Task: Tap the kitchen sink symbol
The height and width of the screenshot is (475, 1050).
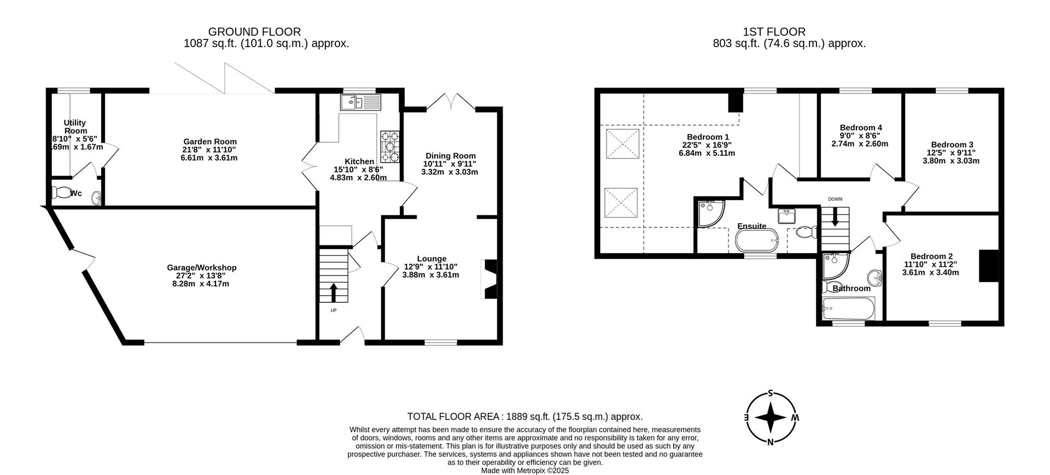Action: pyautogui.click(x=359, y=102)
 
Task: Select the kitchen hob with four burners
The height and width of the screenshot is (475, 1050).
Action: pyautogui.click(x=390, y=146)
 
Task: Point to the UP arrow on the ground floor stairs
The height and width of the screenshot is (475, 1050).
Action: pyautogui.click(x=334, y=292)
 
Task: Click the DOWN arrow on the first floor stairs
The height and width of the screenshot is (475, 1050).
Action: pyautogui.click(x=835, y=218)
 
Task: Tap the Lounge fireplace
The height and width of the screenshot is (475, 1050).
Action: pyautogui.click(x=489, y=279)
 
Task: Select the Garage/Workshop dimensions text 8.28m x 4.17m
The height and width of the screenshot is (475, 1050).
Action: pyautogui.click(x=202, y=284)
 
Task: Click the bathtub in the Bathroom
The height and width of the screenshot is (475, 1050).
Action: pyautogui.click(x=849, y=310)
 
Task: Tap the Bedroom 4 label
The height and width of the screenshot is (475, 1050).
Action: pyautogui.click(x=861, y=127)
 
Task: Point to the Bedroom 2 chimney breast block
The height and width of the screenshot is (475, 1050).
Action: pyautogui.click(x=988, y=266)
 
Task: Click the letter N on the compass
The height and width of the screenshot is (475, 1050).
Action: pyautogui.click(x=770, y=442)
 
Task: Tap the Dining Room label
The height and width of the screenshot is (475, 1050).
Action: pyautogui.click(x=450, y=156)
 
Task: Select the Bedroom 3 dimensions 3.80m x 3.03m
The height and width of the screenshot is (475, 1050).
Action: pyautogui.click(x=951, y=161)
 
